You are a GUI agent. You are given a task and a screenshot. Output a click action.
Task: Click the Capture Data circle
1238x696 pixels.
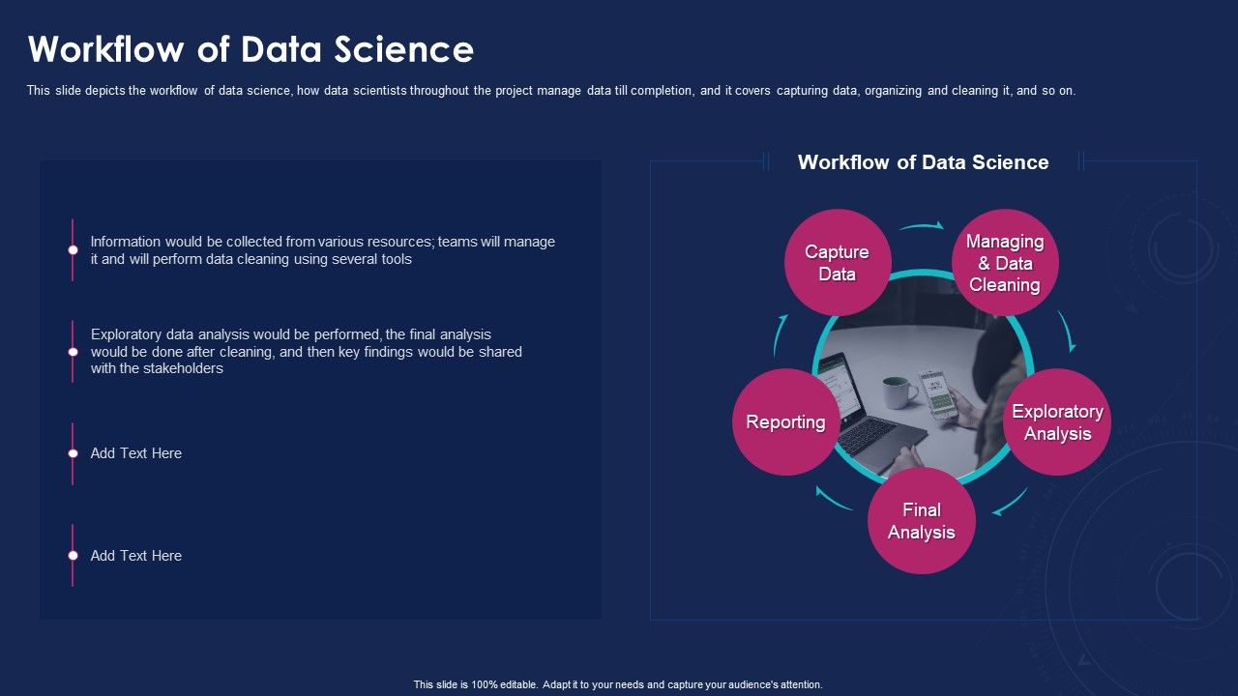pos(837,262)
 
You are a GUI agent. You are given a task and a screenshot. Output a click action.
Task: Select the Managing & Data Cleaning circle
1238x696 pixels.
pos(1005,262)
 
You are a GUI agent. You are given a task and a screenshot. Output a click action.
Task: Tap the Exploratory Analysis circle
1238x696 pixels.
pos(1057,421)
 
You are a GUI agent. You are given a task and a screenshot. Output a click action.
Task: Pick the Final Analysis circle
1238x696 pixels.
pos(921,520)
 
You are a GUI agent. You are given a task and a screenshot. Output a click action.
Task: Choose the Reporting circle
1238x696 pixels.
pos(785,421)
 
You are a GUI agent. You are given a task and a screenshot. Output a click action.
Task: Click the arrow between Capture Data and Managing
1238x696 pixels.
pos(922,226)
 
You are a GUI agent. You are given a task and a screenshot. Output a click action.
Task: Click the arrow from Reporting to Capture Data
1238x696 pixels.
pos(780,335)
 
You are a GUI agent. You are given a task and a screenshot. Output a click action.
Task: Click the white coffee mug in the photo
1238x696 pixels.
pos(899,392)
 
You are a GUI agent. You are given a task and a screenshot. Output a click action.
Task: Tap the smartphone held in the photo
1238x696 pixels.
pos(937,392)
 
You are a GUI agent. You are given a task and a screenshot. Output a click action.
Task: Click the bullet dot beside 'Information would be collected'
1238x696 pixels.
pos(73,249)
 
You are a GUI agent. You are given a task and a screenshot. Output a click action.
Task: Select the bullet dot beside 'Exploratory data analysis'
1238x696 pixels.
pos(73,352)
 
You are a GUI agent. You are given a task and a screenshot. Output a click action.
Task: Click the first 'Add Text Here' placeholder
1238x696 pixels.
pos(135,453)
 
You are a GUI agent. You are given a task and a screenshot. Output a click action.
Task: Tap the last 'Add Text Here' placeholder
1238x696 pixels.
pos(135,556)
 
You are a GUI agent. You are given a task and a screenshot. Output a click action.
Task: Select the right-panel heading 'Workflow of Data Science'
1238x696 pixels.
pos(923,162)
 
